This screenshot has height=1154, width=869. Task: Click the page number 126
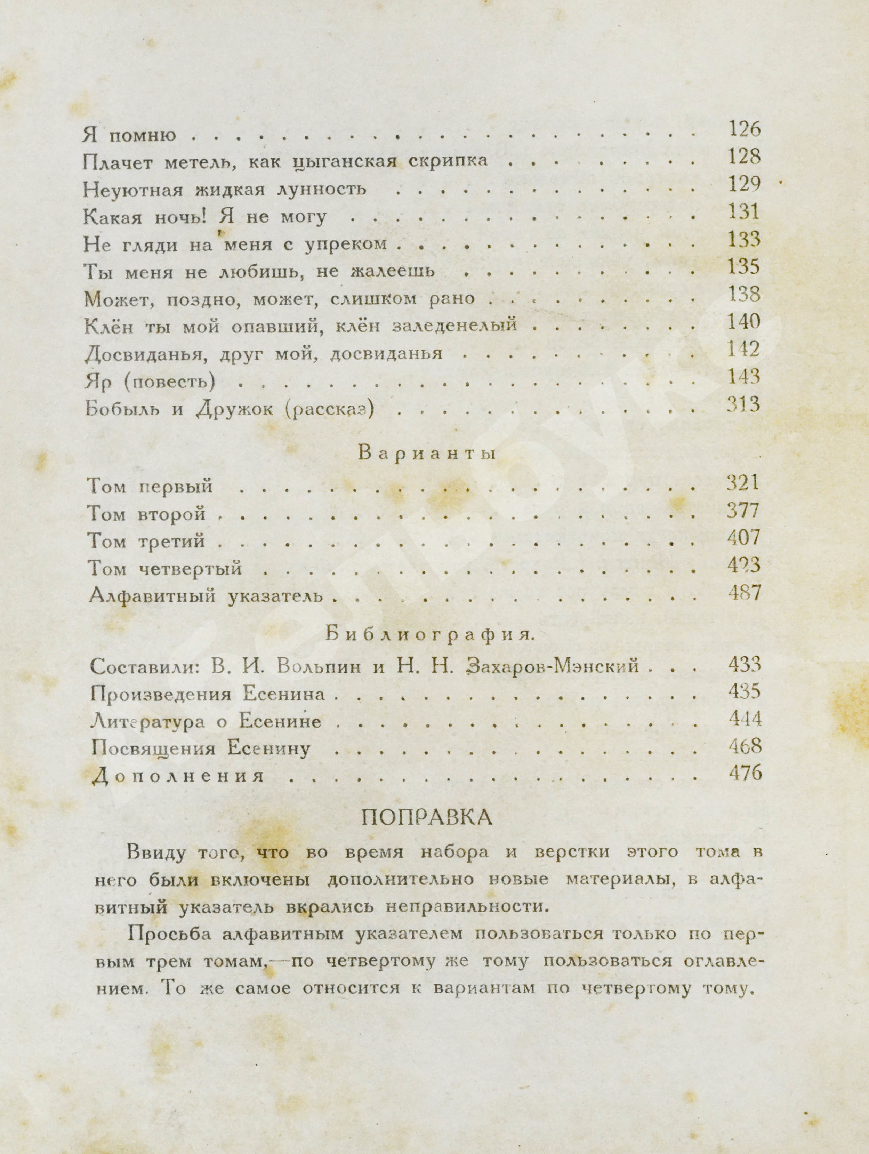tap(744, 129)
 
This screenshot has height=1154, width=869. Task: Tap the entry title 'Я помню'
tap(129, 135)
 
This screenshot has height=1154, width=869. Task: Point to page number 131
tap(744, 212)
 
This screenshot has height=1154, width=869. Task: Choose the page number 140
tap(744, 322)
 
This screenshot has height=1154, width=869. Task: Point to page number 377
tap(743, 510)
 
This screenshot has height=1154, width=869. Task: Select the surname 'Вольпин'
tap(319, 666)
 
